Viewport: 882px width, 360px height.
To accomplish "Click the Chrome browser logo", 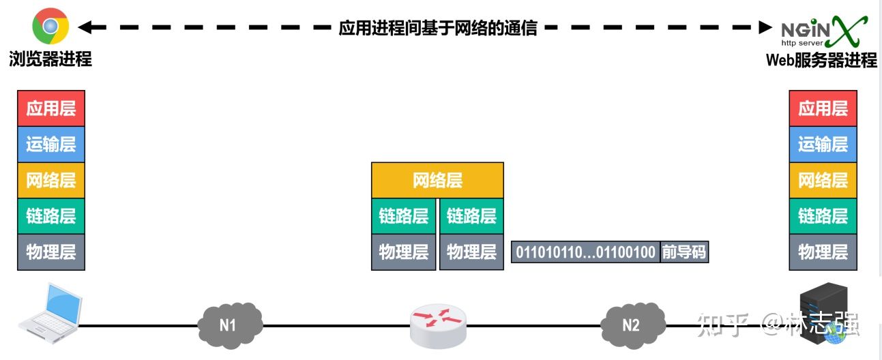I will [50, 27].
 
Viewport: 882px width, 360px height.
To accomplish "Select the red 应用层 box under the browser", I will [51, 108].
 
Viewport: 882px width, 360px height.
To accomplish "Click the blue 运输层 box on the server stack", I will [823, 145].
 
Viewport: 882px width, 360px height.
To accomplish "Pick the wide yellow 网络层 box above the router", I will [437, 180].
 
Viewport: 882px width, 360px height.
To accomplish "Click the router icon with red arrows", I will [439, 325].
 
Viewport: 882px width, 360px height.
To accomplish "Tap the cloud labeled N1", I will [228, 325].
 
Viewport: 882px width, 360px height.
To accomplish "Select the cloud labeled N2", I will [632, 325].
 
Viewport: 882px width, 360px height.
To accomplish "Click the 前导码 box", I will [684, 252].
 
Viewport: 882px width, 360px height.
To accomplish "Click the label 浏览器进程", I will [50, 59].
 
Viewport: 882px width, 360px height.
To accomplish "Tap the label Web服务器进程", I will [821, 60].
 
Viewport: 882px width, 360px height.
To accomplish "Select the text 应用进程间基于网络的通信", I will [438, 28].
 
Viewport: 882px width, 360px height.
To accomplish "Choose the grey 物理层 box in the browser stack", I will [51, 252].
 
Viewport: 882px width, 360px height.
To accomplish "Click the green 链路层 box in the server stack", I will [823, 216].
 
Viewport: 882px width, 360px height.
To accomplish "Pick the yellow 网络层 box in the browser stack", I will [51, 180].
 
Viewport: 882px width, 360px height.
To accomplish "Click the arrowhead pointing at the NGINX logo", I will [765, 27].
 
